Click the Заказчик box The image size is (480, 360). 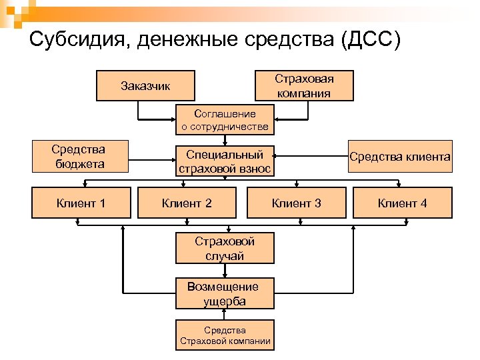(145, 85)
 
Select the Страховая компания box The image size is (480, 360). (304, 85)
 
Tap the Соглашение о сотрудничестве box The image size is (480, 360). (225, 119)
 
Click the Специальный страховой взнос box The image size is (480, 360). (225, 161)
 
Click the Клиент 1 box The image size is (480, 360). (80, 203)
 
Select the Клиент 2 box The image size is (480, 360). (187, 203)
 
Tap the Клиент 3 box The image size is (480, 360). (296, 203)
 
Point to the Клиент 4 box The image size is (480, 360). (402, 203)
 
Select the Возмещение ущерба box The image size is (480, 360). (225, 294)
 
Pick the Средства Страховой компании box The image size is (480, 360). (225, 336)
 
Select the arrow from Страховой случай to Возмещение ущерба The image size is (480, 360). (225, 270)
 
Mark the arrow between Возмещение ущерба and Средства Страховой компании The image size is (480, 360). (225, 315)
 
